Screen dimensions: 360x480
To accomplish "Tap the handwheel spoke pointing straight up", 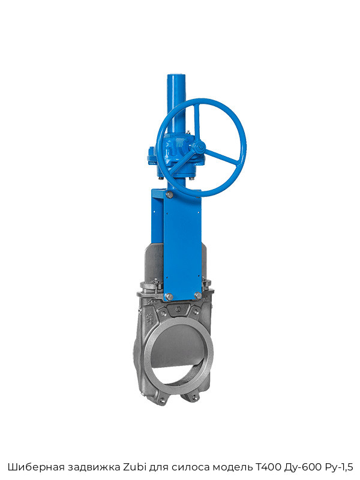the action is click(197, 123).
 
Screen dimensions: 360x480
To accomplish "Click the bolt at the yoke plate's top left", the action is click(169, 194).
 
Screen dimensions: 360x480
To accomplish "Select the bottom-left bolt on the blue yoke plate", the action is click(169, 296).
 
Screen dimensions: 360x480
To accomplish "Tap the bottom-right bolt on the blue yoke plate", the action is click(197, 295).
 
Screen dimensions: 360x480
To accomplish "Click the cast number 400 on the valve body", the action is click(152, 302).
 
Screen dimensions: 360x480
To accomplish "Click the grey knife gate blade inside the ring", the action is click(177, 347).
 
